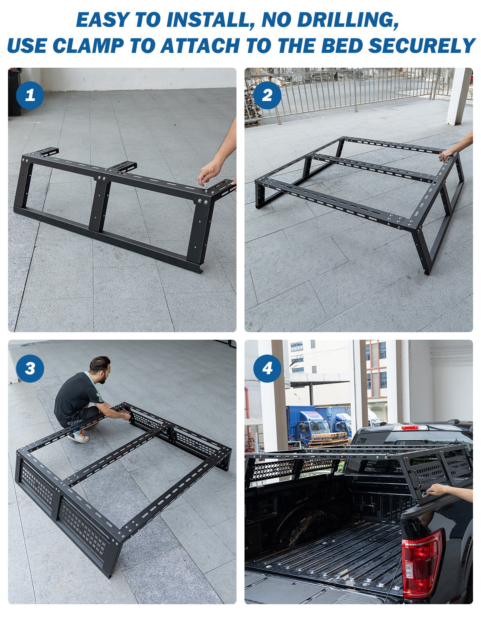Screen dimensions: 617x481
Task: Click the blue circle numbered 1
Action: click(x=30, y=95)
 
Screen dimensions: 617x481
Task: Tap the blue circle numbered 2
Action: click(x=267, y=95)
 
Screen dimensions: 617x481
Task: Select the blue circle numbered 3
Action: click(x=30, y=368)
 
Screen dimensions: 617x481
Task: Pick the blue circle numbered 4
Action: click(x=267, y=368)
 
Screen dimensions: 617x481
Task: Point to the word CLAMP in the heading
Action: click(x=88, y=45)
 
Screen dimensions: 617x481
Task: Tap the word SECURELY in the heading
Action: click(x=422, y=45)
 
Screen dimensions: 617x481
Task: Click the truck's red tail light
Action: click(x=421, y=563)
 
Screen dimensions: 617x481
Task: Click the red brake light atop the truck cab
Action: click(x=410, y=427)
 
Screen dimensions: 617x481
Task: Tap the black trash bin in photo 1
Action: click(x=14, y=92)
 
